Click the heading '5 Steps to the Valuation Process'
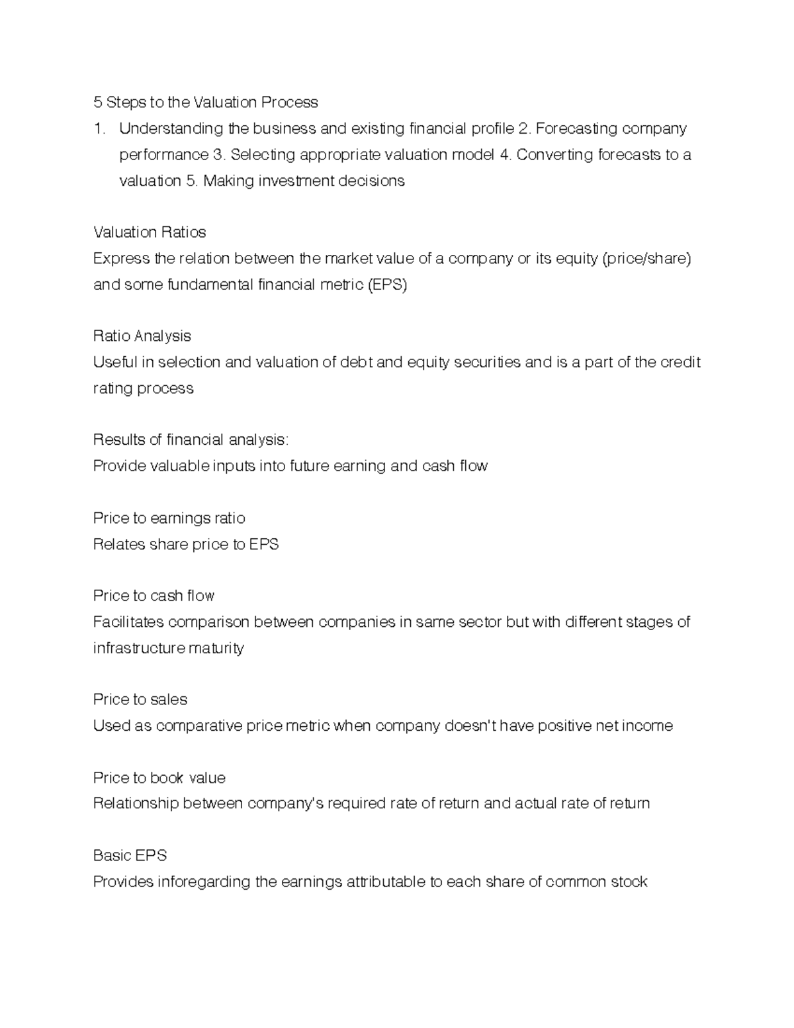[x=205, y=102]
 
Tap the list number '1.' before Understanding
[x=99, y=128]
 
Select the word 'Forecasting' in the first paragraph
[x=573, y=128]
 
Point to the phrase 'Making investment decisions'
[x=304, y=181]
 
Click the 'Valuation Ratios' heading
[x=150, y=232]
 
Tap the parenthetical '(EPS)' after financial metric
[x=387, y=285]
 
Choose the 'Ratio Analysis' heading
[x=142, y=336]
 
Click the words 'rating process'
[x=143, y=389]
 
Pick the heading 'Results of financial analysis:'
[x=191, y=440]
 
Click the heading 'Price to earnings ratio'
[x=169, y=518]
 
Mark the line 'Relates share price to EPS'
[x=185, y=544]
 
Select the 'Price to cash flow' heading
[x=154, y=596]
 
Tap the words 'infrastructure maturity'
[x=168, y=648]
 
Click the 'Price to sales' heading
[x=140, y=700]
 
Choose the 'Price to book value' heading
[x=159, y=778]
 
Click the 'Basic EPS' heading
[x=130, y=856]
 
